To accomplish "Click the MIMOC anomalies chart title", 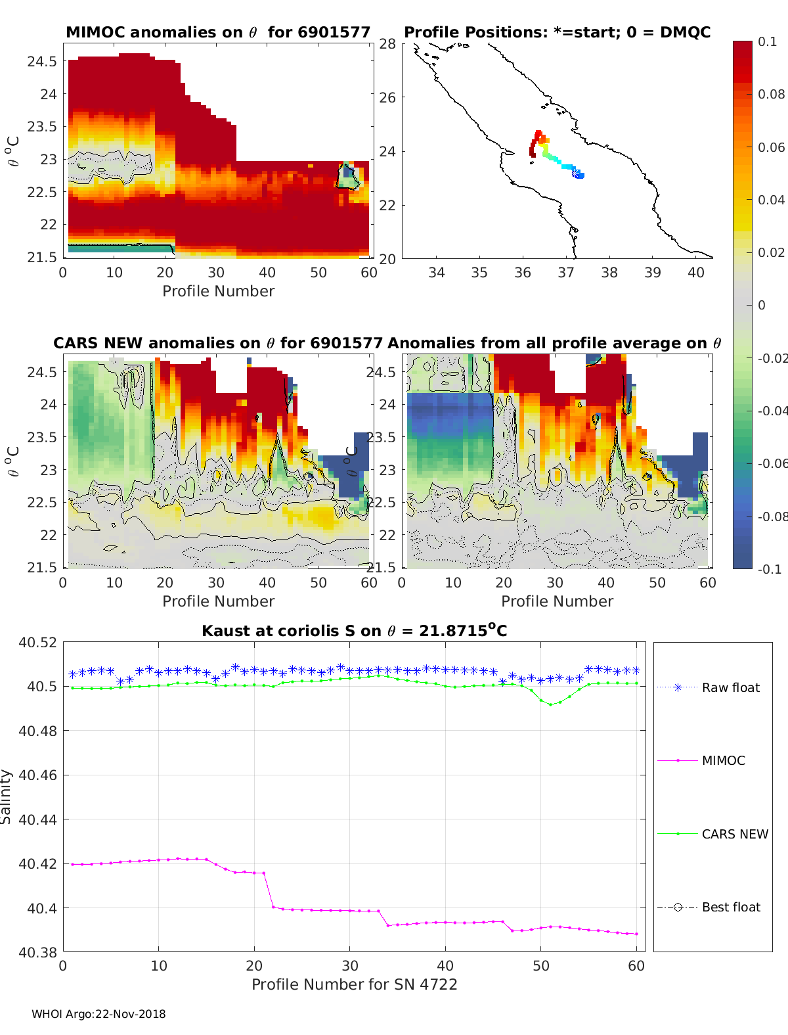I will point(218,32).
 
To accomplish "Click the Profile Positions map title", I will point(557,32).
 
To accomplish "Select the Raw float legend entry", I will point(730,687).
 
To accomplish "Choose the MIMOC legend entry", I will point(723,760).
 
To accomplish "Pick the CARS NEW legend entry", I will point(734,834).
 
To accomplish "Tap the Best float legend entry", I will point(730,907).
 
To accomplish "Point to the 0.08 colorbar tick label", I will point(771,94).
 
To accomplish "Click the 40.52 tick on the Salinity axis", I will point(38,642).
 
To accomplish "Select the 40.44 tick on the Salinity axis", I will point(38,819).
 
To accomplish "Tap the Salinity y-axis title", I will point(7,796).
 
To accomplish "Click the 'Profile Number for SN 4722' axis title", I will point(354,984).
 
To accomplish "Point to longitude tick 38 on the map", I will point(609,273).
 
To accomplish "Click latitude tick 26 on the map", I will point(387,97).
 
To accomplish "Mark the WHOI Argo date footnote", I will point(98,1014).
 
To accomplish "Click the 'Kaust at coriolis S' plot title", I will point(354,631).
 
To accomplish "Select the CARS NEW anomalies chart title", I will point(217,343).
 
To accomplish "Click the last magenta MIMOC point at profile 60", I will point(636,934).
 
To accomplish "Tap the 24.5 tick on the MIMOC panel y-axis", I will point(42,62).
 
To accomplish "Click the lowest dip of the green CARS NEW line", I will point(550,704).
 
